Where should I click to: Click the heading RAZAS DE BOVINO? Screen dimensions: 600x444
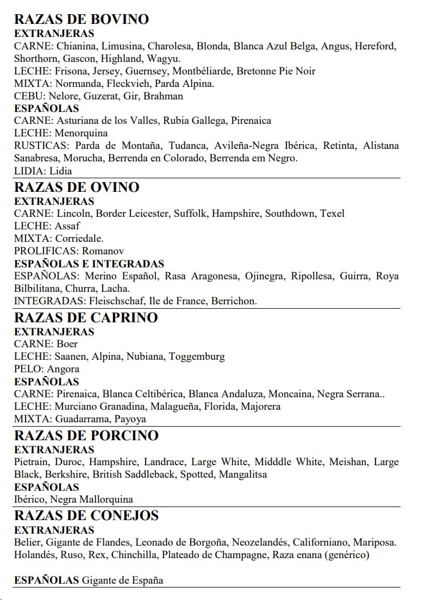pos(81,20)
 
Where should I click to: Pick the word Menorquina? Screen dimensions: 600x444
pos(81,133)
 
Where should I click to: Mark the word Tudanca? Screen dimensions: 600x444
pos(187,146)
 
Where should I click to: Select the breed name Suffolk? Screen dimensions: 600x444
pos(190,214)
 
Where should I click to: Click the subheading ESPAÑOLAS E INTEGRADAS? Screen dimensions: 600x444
pos(89,264)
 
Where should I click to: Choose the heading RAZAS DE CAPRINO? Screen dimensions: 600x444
pos(85,318)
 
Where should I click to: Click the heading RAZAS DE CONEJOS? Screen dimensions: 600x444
pos(86,516)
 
